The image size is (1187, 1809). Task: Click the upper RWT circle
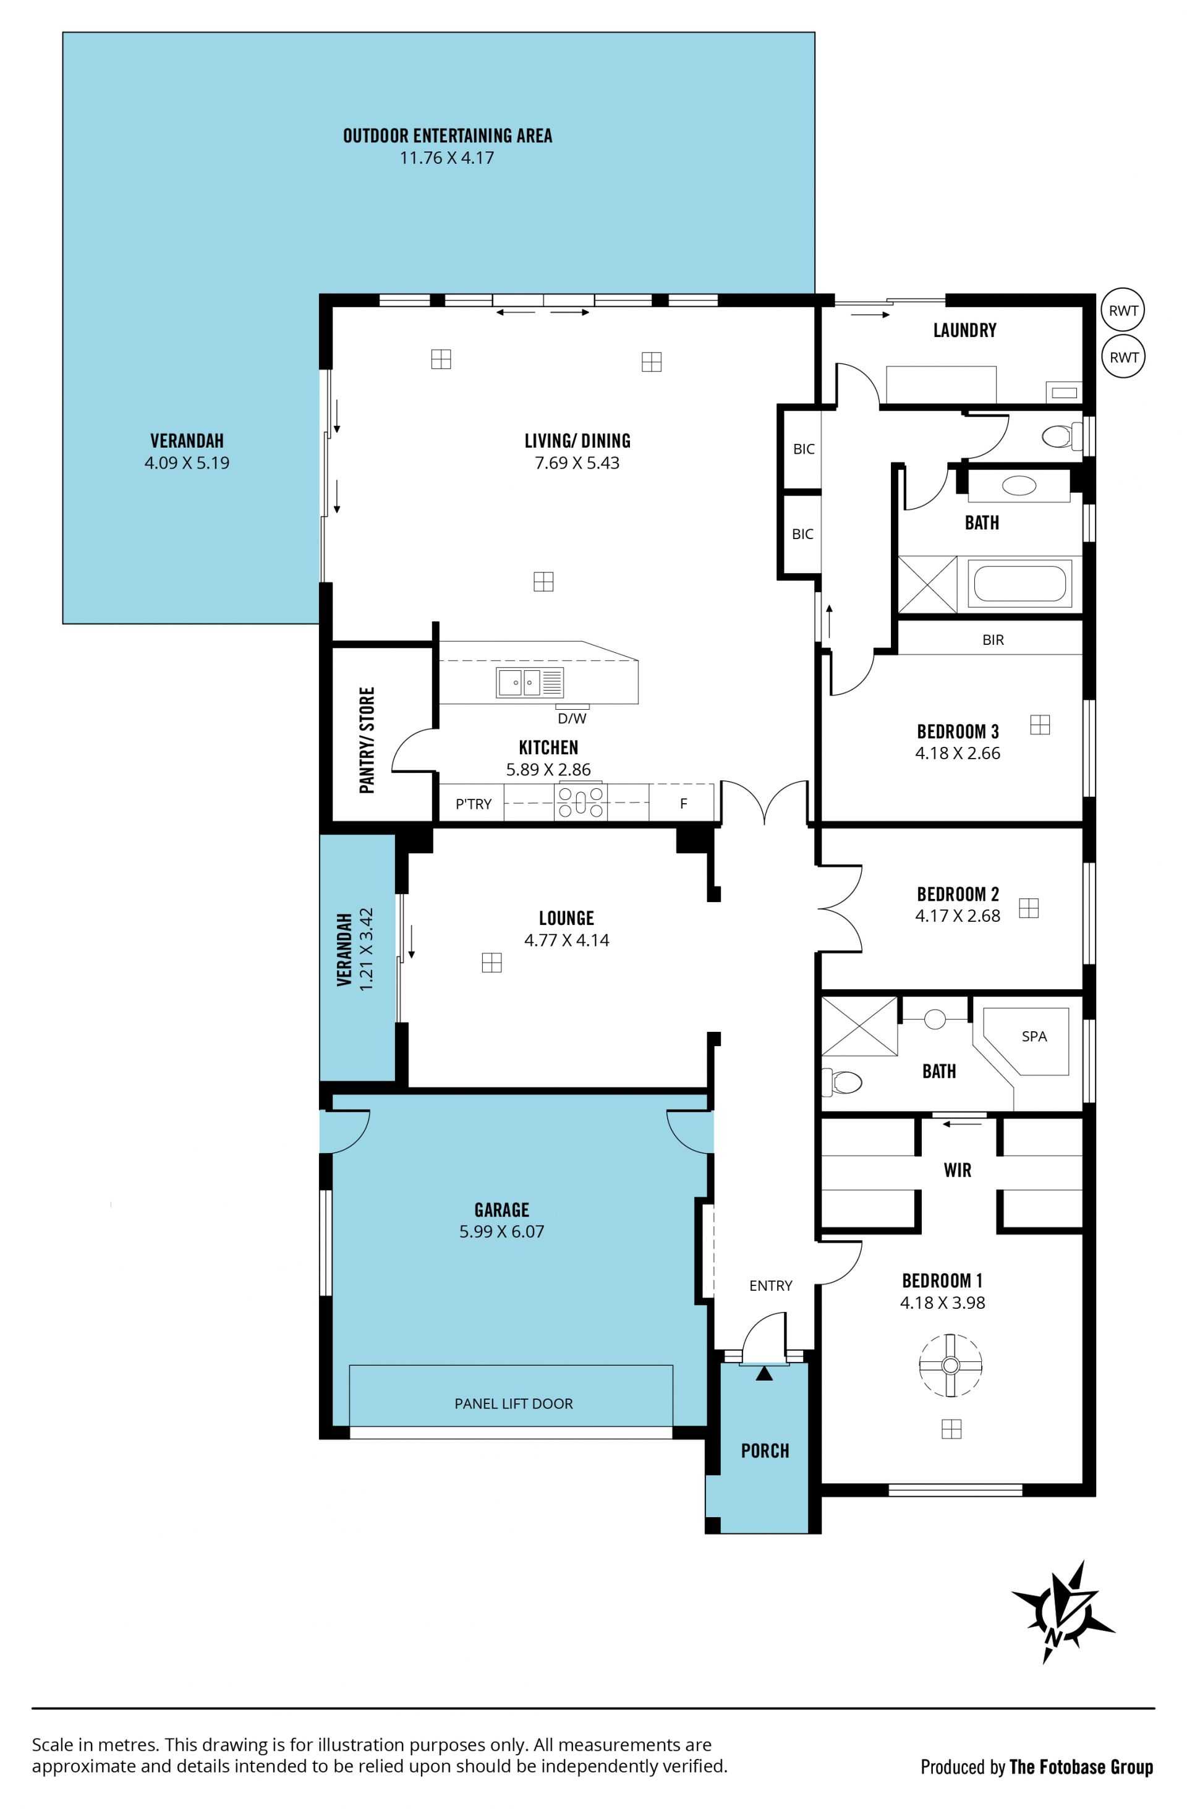click(x=1123, y=310)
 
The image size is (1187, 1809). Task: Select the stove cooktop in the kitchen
click(x=581, y=802)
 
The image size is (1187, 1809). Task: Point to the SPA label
click(x=1034, y=1036)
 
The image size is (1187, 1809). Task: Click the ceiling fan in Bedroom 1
click(x=950, y=1365)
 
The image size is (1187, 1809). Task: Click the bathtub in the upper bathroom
click(x=1019, y=584)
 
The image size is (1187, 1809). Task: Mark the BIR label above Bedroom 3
click(x=992, y=640)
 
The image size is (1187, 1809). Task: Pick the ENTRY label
click(x=770, y=1285)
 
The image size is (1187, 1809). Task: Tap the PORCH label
click(x=765, y=1451)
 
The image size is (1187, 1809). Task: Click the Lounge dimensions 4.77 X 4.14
click(x=567, y=940)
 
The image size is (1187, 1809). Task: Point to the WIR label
click(x=958, y=1170)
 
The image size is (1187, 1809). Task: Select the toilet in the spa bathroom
click(x=842, y=1081)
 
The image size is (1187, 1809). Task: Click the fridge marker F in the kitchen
click(x=683, y=803)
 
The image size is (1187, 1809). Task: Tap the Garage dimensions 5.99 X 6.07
click(x=501, y=1232)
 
